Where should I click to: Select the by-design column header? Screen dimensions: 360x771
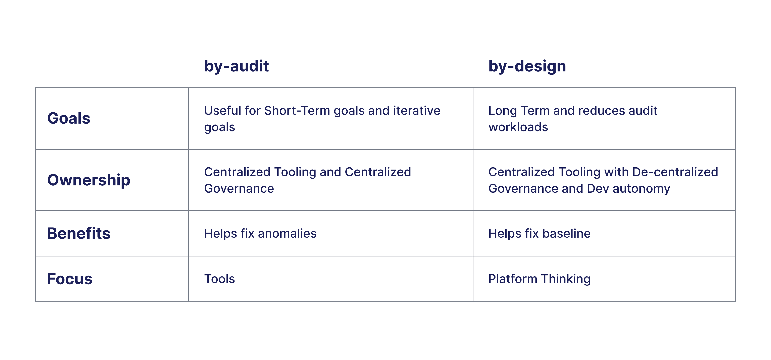(527, 66)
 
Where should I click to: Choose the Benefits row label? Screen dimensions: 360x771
(79, 233)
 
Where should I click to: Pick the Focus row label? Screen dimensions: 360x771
(70, 279)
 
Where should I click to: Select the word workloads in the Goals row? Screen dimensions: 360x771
(518, 127)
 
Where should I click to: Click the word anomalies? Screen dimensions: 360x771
(287, 233)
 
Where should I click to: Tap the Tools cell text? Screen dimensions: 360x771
(219, 279)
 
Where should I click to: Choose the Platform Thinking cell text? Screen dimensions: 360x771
(539, 279)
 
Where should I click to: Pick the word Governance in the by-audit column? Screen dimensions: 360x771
(239, 189)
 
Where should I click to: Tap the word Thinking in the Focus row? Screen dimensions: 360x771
(566, 279)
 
